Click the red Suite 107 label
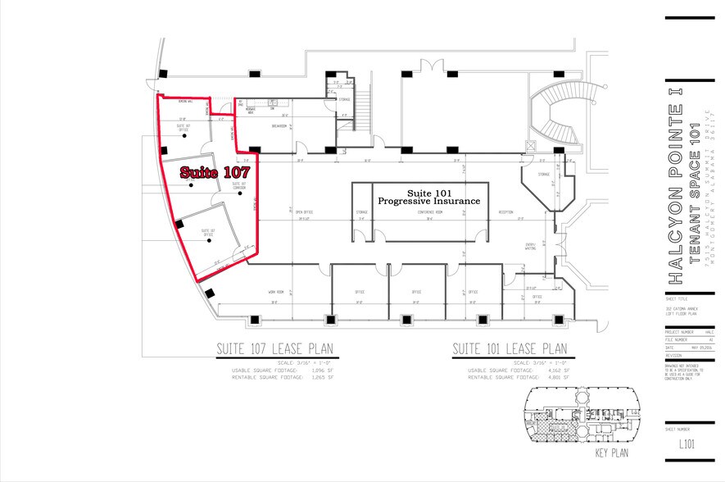[x=214, y=173]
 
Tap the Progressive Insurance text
[x=427, y=200]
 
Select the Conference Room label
[x=430, y=211]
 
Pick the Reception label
[x=505, y=211]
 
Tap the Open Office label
[x=304, y=211]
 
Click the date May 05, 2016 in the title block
[x=695, y=348]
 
